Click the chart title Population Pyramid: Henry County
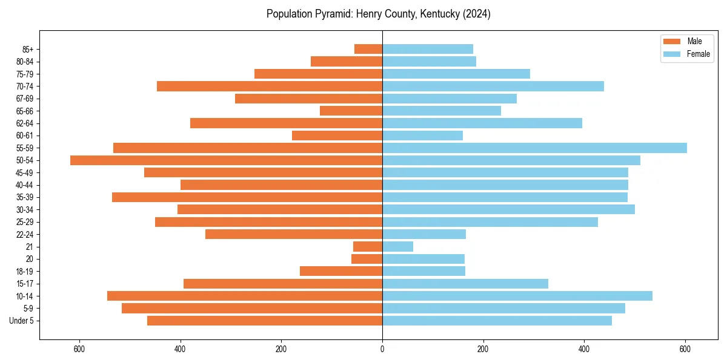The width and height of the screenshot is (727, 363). [x=378, y=14]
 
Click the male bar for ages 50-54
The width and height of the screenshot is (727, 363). [x=226, y=160]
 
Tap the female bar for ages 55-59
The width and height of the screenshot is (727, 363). [x=534, y=148]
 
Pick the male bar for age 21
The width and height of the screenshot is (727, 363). [x=368, y=247]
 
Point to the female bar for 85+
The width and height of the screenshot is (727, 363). [x=428, y=49]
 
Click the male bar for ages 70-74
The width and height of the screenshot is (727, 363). [x=270, y=87]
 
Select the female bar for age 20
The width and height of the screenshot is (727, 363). [x=423, y=259]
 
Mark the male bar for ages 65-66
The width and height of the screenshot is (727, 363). [x=351, y=111]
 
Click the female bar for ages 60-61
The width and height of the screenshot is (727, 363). [x=422, y=136]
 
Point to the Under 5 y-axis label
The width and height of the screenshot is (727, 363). [x=22, y=321]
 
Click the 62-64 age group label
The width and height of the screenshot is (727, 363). [x=25, y=123]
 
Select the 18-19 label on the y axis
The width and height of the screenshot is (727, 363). [x=25, y=272]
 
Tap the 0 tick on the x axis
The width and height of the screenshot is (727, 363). [x=382, y=349]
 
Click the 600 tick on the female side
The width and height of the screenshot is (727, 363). [x=685, y=349]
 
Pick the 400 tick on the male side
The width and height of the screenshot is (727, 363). [x=180, y=349]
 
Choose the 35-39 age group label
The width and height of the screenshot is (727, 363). [x=25, y=197]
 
